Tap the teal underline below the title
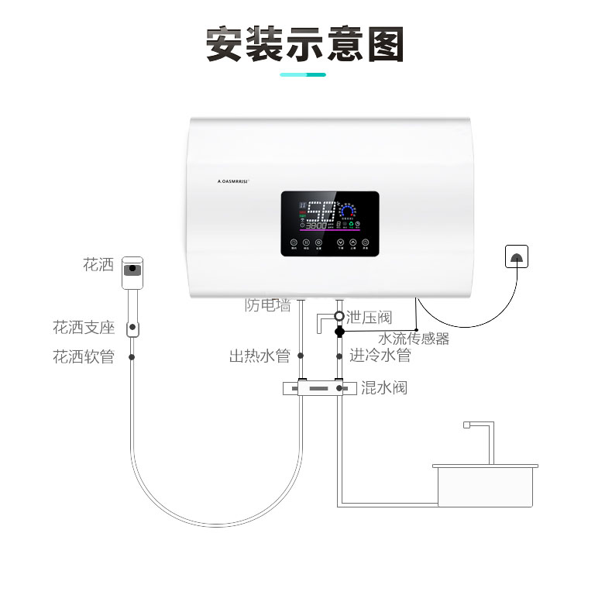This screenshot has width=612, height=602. (303, 74)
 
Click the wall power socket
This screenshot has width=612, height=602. (517, 256)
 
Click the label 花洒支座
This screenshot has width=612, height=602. (84, 328)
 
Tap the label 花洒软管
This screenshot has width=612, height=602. (84, 356)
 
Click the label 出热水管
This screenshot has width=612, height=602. (259, 356)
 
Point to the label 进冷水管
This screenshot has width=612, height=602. (380, 356)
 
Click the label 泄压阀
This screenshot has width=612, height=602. (370, 316)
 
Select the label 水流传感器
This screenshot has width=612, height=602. (413, 338)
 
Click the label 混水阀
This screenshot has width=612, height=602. (383, 387)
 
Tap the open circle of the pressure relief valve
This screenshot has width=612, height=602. (339, 316)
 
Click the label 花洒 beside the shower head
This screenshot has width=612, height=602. (98, 265)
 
